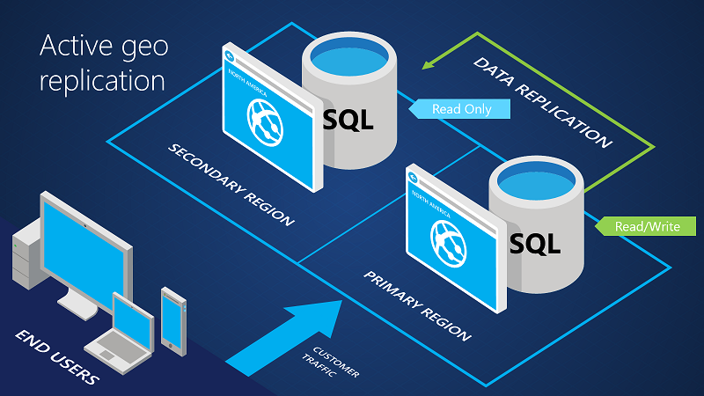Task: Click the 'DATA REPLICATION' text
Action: pyautogui.click(x=542, y=102)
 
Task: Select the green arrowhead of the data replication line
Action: pyautogui.click(x=433, y=61)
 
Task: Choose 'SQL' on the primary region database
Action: pyautogui.click(x=535, y=240)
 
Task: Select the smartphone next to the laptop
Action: pyautogui.click(x=172, y=317)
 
